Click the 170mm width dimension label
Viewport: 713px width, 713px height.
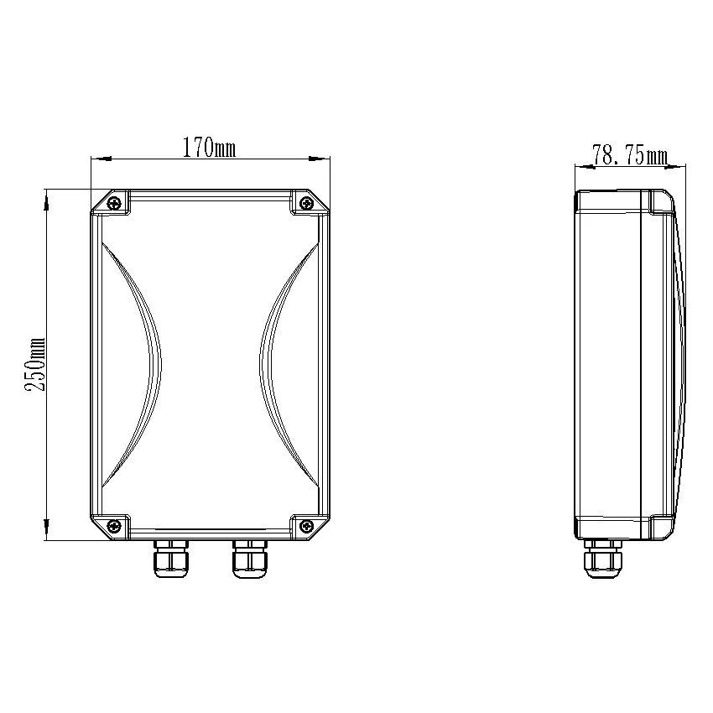click(209, 148)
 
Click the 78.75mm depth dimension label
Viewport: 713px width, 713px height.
click(629, 155)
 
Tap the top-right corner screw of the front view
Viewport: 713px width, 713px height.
click(307, 202)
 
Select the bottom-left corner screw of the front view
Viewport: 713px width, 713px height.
click(113, 526)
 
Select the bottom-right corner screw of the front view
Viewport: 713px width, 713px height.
click(307, 526)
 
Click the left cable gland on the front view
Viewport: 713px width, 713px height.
click(170, 559)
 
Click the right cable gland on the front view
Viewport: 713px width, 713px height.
click(251, 559)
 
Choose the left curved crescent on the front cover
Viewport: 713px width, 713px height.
click(134, 365)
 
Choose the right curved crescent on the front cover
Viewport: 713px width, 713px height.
click(285, 365)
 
